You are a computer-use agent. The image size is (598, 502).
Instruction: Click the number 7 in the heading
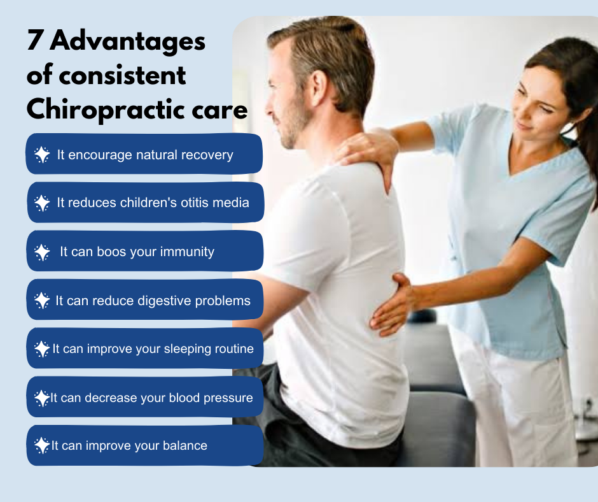(x=34, y=40)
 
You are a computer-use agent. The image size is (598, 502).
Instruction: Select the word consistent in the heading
(x=122, y=75)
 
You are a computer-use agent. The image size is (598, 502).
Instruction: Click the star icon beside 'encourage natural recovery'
(x=42, y=155)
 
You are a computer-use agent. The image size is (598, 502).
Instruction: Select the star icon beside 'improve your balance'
(x=42, y=445)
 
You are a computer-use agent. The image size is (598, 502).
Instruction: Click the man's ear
(x=319, y=88)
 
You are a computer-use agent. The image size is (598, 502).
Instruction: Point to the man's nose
(x=269, y=109)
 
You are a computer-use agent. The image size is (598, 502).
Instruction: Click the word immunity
(x=187, y=252)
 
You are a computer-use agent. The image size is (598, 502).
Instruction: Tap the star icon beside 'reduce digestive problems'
(x=42, y=301)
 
